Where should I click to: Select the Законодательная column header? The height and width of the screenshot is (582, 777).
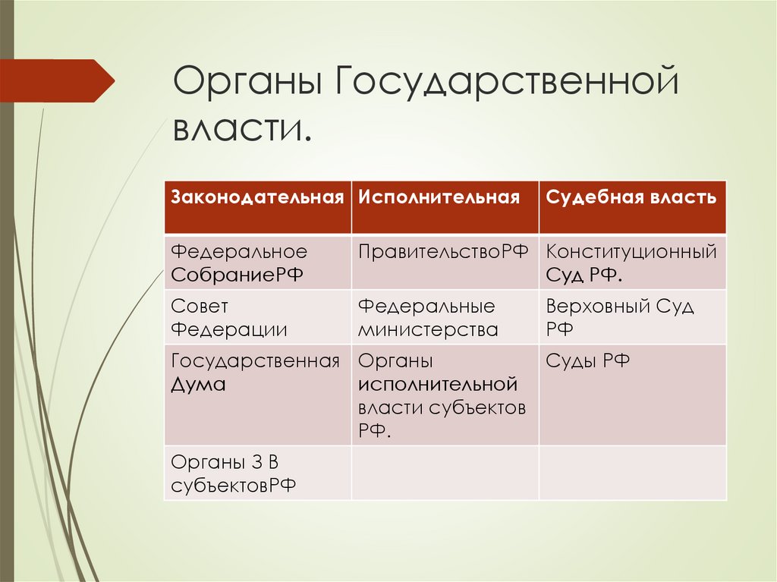(x=257, y=198)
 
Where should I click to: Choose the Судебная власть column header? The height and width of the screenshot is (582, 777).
(x=631, y=198)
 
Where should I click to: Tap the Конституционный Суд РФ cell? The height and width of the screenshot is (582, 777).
(x=631, y=263)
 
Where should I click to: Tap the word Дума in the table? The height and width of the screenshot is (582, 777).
(x=199, y=385)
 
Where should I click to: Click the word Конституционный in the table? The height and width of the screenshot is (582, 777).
(x=631, y=252)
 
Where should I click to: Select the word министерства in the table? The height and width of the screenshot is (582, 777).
(x=428, y=330)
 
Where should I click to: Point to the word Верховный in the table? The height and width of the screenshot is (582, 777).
(x=594, y=307)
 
